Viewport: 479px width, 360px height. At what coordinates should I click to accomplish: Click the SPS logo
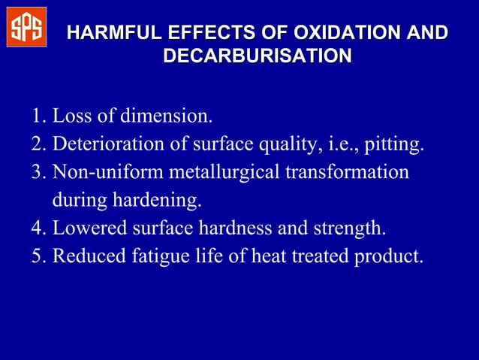[x=26, y=27]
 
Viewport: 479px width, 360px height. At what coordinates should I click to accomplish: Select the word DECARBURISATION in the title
[x=257, y=56]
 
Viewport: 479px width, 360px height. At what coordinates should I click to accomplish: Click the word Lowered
[x=88, y=228]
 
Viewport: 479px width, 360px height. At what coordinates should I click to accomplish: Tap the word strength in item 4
[x=355, y=228]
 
